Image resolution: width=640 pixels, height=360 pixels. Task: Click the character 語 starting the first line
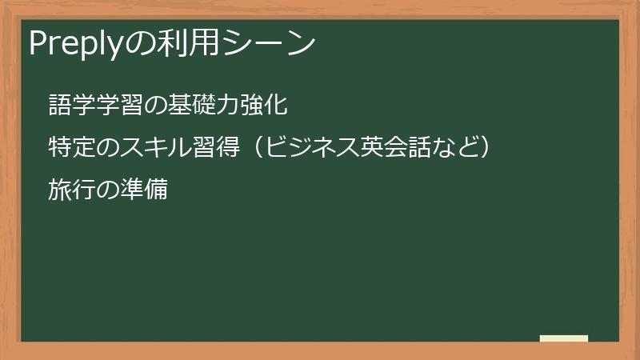(58, 105)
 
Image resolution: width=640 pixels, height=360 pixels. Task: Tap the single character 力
(217, 105)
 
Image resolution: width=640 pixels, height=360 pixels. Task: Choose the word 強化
(257, 105)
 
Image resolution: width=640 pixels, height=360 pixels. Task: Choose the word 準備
(147, 191)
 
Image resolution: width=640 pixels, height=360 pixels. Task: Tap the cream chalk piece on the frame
(564, 338)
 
